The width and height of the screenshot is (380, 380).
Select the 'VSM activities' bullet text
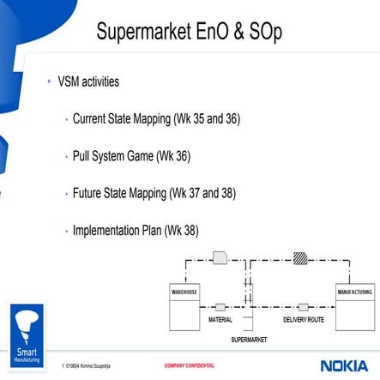(x=88, y=82)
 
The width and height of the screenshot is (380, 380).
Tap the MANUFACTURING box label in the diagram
(x=354, y=293)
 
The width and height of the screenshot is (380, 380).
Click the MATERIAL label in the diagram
(x=220, y=320)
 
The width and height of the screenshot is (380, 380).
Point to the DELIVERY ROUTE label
(x=304, y=320)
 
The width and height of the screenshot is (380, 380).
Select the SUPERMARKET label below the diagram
(x=249, y=340)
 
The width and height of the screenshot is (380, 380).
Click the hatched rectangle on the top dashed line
(x=299, y=257)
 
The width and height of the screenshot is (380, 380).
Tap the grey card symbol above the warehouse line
(x=220, y=257)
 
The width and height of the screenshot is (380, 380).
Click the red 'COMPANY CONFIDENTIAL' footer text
(x=190, y=366)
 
